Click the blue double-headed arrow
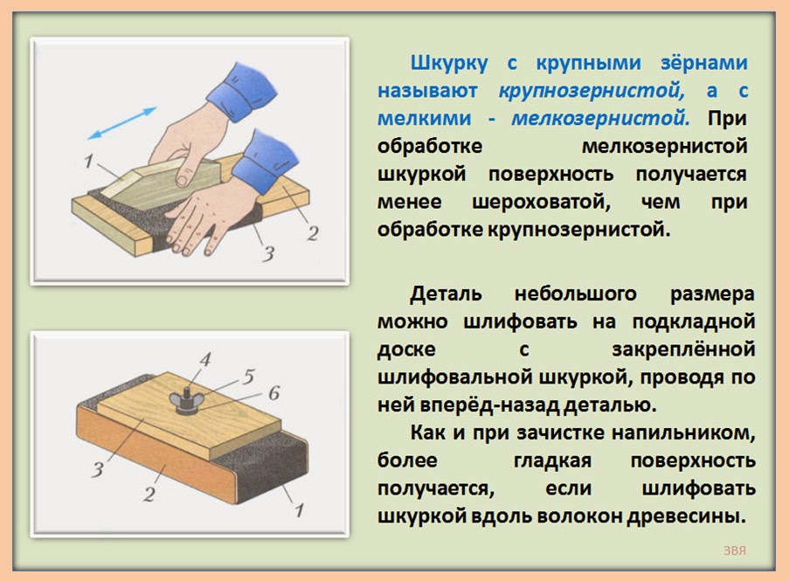[122, 122]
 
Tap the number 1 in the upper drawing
[88, 161]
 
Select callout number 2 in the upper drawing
[313, 233]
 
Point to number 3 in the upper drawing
[268, 254]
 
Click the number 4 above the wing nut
[204, 359]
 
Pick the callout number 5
[248, 377]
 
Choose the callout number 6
[273, 393]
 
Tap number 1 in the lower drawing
[300, 510]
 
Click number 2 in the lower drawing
[149, 494]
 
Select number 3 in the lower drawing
[97, 470]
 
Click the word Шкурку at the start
[449, 64]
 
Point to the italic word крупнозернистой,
[592, 91]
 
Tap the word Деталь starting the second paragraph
[446, 294]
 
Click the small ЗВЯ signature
[735, 550]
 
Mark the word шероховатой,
[542, 203]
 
